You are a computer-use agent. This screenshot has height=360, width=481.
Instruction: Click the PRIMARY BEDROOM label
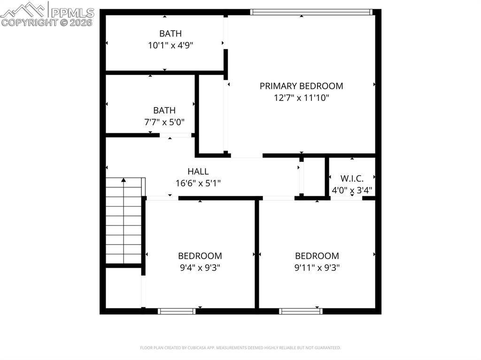301,86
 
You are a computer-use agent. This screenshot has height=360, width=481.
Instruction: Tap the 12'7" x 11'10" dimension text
301,98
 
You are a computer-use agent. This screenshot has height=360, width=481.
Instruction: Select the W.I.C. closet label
352,178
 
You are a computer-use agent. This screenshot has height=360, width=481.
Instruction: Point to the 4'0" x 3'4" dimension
352,191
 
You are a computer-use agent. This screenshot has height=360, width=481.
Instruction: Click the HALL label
198,172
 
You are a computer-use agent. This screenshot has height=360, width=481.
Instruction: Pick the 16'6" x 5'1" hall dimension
198,184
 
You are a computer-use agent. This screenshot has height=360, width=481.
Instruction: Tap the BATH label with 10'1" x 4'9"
170,33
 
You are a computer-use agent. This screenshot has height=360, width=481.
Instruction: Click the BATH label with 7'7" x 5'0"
164,110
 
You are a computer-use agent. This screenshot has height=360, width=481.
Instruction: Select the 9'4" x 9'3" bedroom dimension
200,268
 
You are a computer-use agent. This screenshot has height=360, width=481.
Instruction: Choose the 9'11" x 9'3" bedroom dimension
317,268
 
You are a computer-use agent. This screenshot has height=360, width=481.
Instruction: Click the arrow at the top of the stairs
124,180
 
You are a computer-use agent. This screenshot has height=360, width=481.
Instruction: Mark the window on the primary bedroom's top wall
311,12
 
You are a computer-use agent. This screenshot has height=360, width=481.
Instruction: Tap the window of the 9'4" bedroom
177,311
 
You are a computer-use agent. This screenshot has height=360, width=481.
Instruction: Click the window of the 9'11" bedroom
301,311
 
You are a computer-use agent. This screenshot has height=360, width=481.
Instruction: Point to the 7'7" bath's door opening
176,136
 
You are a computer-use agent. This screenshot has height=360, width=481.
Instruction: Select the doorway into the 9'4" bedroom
162,198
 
